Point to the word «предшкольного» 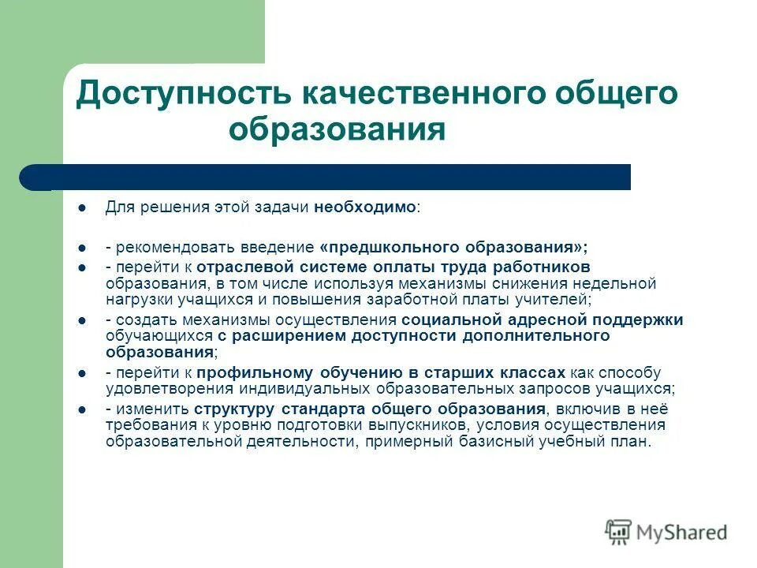tap(386, 246)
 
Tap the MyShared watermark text tap(681, 532)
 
